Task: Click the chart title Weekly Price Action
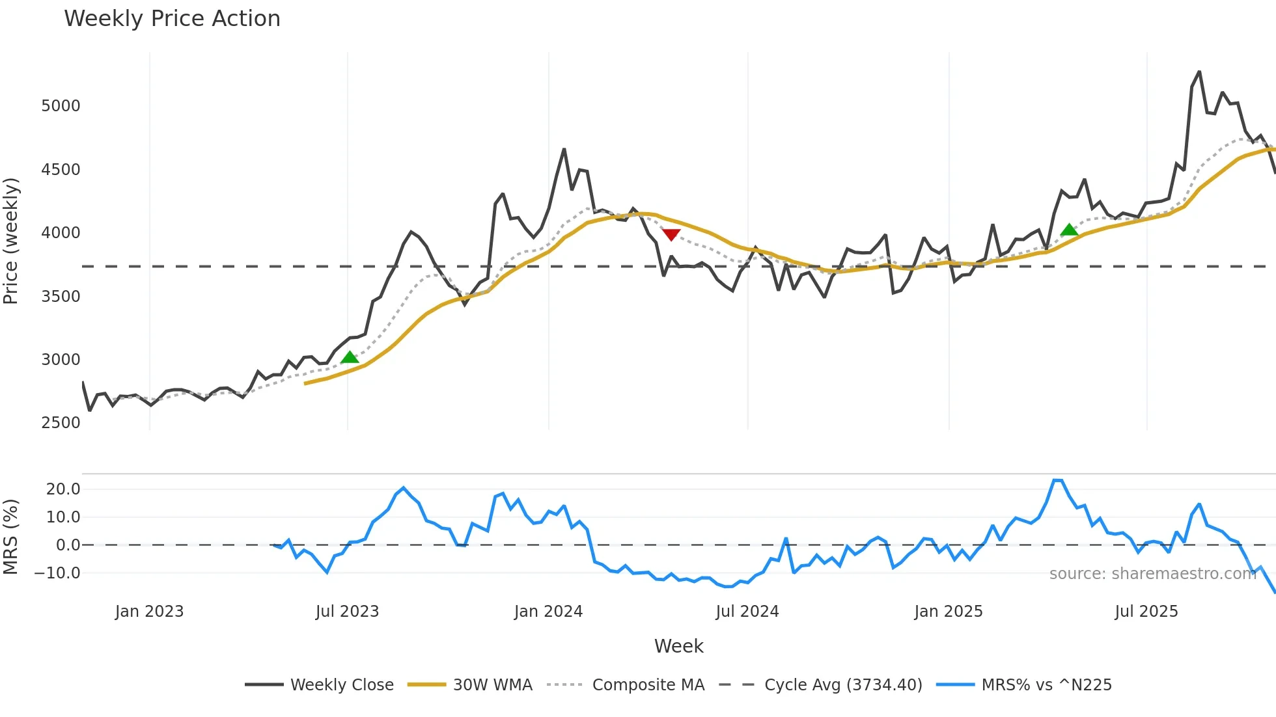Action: click(172, 19)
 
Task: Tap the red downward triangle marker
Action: click(671, 234)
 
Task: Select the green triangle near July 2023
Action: click(350, 357)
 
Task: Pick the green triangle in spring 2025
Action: click(1069, 230)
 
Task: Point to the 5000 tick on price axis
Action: click(61, 106)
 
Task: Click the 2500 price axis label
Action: click(61, 423)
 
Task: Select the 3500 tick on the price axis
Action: click(61, 297)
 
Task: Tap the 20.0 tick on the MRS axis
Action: click(63, 489)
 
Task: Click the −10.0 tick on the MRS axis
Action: click(58, 573)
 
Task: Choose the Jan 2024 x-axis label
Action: click(548, 612)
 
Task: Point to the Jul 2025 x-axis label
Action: click(1146, 612)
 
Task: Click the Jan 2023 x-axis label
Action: click(149, 612)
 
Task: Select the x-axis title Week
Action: click(678, 646)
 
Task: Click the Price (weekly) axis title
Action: click(11, 241)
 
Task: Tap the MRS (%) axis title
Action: click(11, 537)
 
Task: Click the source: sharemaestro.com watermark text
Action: click(1152, 574)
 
